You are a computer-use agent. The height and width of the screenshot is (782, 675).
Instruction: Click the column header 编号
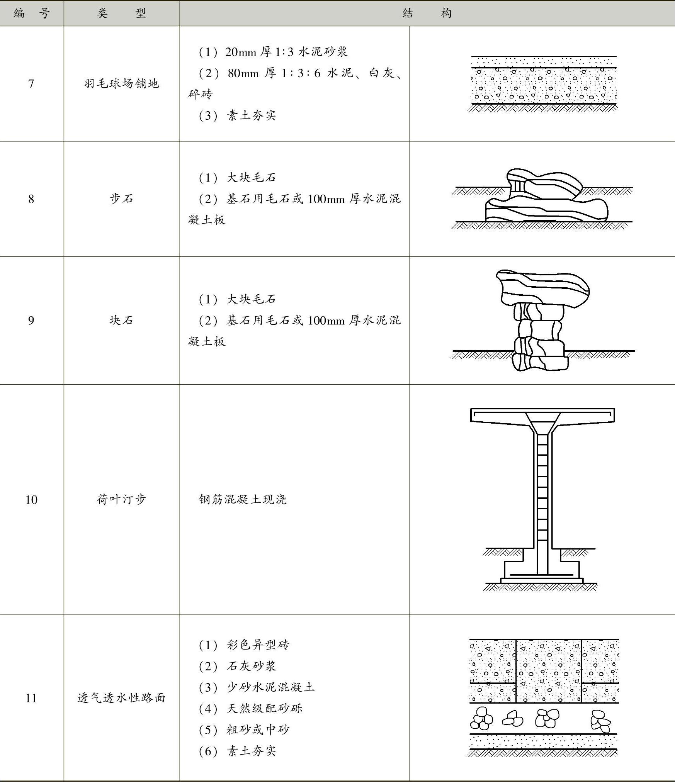tap(31, 14)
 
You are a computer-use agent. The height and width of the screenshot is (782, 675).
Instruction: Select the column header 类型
tap(121, 14)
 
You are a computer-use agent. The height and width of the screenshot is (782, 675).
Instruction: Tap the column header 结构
tap(427, 14)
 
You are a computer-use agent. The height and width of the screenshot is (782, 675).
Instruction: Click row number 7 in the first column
tap(31, 84)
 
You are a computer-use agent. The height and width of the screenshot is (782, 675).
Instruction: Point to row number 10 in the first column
tap(31, 500)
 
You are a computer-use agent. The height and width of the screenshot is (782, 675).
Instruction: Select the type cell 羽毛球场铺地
tap(121, 84)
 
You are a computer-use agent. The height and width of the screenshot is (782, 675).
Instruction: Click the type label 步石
tap(121, 199)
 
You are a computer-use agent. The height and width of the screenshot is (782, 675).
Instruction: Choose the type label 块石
tap(121, 320)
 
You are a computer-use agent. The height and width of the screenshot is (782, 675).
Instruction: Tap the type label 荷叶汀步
tap(121, 500)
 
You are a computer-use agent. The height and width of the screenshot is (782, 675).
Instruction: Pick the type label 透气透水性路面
tap(121, 698)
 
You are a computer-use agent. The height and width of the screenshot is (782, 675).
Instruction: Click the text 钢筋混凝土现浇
tap(243, 500)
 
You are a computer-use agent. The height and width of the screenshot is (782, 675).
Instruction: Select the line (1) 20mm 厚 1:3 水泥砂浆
tap(273, 52)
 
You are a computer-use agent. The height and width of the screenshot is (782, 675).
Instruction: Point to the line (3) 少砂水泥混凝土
tap(257, 687)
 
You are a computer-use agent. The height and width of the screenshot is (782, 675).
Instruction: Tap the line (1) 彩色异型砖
tap(244, 645)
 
